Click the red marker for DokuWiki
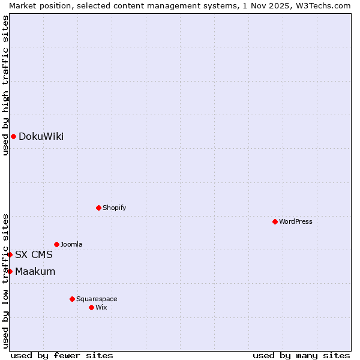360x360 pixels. tap(13, 136)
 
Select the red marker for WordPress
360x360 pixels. tap(275, 221)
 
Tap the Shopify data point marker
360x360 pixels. tap(98, 208)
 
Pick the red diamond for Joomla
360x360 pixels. tap(56, 244)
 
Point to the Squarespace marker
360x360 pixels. tap(72, 299)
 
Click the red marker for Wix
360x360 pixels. tap(91, 307)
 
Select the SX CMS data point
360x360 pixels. tap(10, 254)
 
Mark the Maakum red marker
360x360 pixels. tap(10, 271)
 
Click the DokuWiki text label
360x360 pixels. tap(41, 136)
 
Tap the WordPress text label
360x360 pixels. tap(296, 221)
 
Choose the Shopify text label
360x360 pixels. tap(114, 208)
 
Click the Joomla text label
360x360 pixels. tap(71, 244)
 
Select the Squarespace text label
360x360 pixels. tap(97, 299)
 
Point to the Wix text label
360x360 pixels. tap(101, 307)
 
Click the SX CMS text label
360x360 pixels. tap(34, 254)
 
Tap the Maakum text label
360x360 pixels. tap(35, 271)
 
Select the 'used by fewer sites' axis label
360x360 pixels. tap(62, 355)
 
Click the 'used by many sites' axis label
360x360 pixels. tap(301, 355)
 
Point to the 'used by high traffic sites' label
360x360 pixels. tap(5, 85)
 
